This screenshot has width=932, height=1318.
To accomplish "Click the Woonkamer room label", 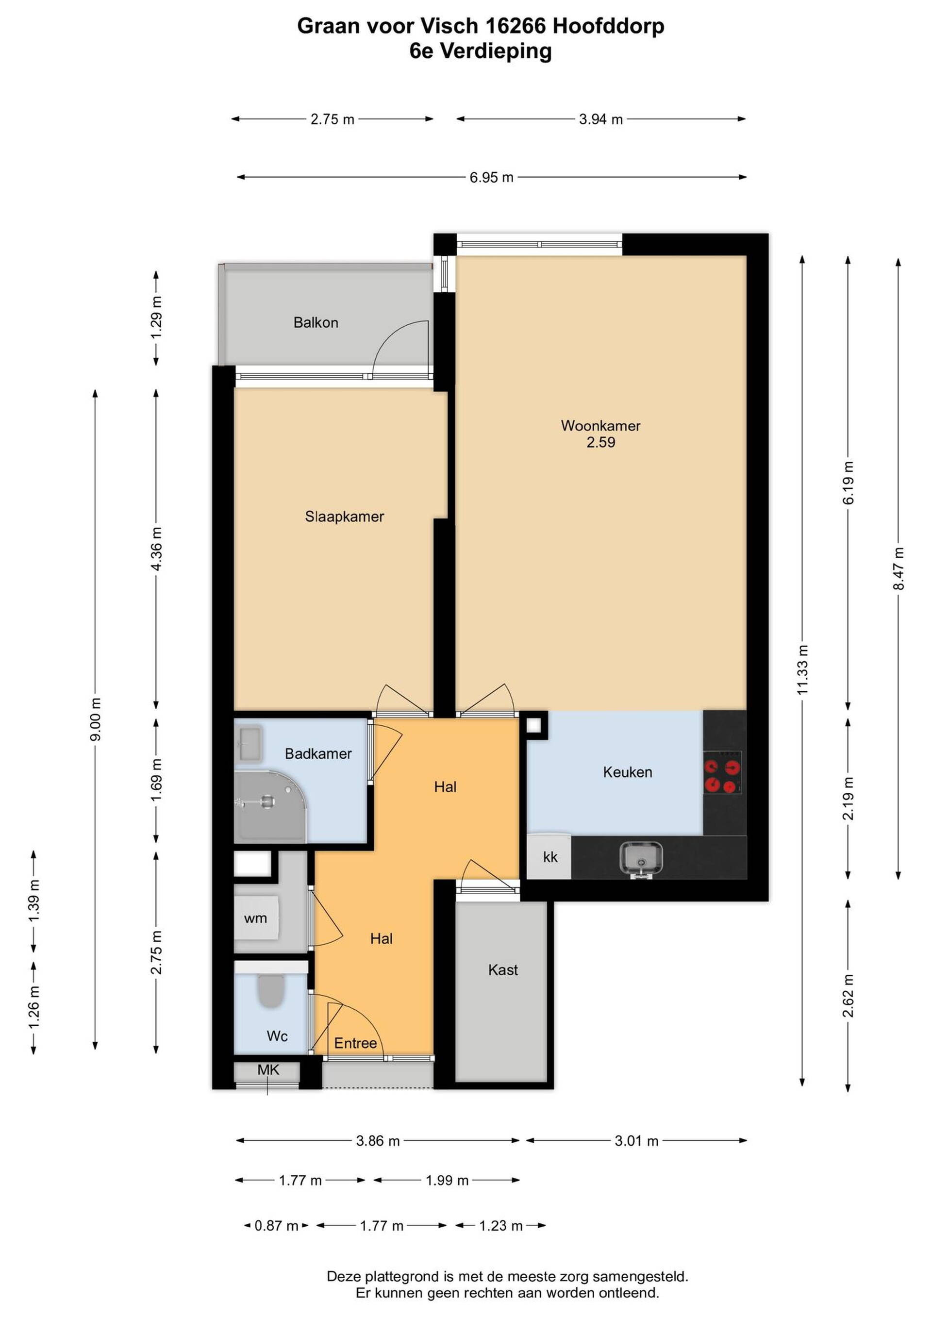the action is (600, 426).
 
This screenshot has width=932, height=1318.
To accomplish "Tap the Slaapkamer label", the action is (344, 517).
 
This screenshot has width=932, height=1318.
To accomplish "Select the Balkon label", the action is (316, 323).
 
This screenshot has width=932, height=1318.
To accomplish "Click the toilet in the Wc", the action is (271, 991).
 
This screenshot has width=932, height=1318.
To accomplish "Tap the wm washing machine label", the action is (255, 918).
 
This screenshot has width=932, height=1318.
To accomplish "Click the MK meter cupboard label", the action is (268, 1070).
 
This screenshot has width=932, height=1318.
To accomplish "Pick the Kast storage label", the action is (503, 970).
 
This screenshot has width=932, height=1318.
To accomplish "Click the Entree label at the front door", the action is (356, 1044).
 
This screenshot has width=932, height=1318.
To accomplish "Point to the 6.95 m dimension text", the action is (491, 177).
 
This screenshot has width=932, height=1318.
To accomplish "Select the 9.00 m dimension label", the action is (95, 719).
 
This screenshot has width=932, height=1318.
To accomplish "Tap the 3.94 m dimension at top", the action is (601, 119).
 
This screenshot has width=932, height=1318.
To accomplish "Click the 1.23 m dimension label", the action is (500, 1226).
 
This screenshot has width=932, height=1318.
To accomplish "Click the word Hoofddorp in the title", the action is (608, 26).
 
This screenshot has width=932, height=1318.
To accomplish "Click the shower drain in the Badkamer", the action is (267, 802).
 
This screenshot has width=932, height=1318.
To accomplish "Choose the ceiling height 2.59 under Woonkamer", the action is (600, 443).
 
